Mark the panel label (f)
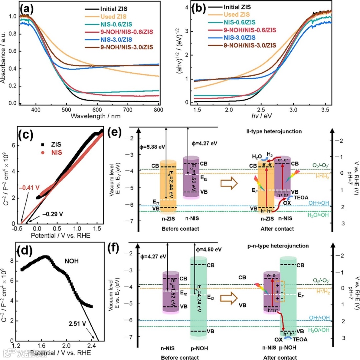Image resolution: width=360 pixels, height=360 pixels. [120, 250]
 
